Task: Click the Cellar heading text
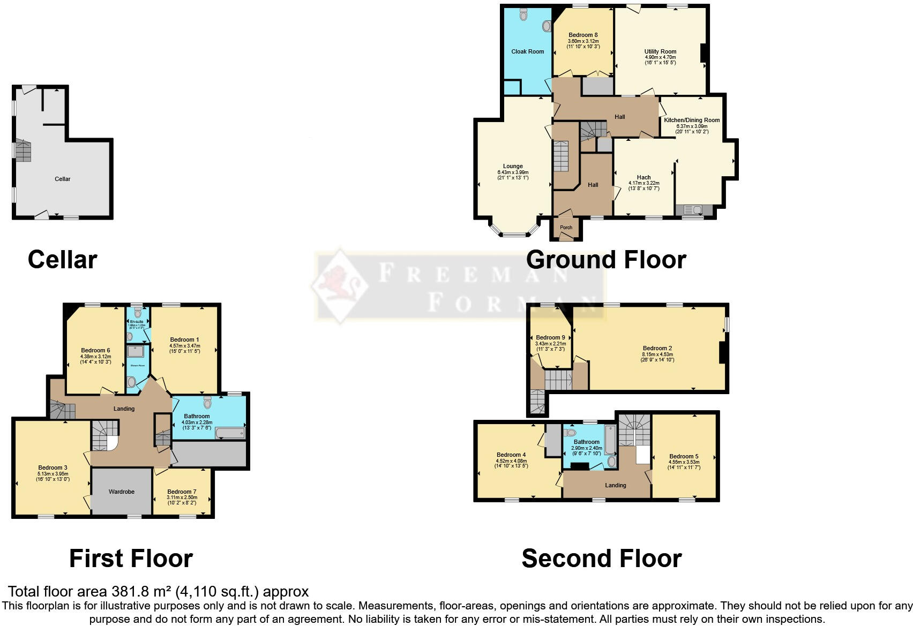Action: coord(62,260)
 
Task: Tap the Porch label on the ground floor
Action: coord(566,228)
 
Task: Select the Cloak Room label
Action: coord(527,52)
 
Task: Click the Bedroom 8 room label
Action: coord(583,35)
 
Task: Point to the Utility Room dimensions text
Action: coord(660,60)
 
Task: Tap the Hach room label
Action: coord(643,177)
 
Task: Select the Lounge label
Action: coord(513,167)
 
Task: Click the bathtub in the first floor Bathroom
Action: coord(230,433)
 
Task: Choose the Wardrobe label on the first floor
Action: coord(122,492)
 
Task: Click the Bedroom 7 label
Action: coord(182,492)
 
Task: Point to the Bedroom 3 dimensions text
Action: coord(53,477)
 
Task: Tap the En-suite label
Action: coord(136,322)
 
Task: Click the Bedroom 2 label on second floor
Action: coord(657,348)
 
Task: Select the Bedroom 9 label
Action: coord(550,338)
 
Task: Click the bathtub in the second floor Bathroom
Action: coord(610,439)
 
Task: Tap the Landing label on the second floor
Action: coord(615,485)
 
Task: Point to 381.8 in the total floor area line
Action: coord(130,592)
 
